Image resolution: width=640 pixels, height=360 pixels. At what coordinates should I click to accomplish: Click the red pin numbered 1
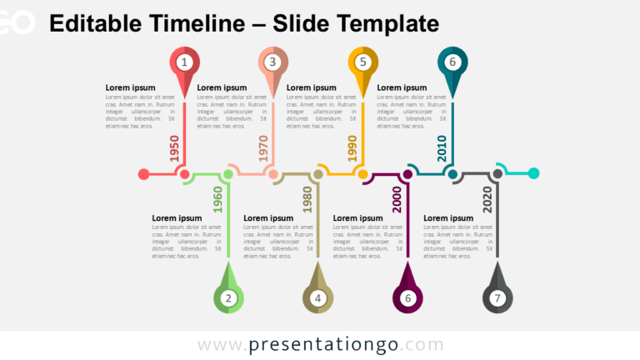pos(184,62)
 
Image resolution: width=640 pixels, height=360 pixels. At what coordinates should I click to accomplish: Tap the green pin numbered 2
pos(229,297)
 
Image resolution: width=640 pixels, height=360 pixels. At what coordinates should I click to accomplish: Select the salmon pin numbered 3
pos(272,62)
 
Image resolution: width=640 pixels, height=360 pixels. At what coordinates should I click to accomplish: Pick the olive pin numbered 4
pos(317,297)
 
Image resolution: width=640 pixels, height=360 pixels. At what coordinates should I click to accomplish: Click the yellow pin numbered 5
pos(362,62)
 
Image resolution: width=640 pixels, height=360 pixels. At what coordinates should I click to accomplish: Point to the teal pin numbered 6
pos(452,62)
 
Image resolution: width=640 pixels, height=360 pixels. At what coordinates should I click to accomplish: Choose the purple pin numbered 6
pos(407,297)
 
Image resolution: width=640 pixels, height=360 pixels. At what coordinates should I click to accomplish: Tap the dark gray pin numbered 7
pos(497,297)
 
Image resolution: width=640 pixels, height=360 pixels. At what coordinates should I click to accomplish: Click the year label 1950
pos(174,147)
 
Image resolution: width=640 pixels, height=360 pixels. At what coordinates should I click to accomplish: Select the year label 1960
pos(218,201)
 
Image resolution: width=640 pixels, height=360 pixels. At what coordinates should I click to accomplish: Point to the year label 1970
pos(262,147)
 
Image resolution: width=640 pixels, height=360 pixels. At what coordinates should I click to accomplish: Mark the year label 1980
pos(307,201)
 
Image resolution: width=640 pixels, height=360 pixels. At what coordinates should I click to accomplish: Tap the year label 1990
pos(352,147)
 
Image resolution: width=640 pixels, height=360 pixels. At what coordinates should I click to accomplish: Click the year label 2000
pos(397,201)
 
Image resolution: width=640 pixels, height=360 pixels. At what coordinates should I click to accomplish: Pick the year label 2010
pos(442,147)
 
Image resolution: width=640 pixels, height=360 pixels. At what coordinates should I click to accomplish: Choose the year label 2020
pos(487,201)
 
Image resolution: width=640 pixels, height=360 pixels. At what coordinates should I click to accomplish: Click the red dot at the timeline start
pos(143,174)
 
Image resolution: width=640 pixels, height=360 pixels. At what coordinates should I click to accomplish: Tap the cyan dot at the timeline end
pos(534,173)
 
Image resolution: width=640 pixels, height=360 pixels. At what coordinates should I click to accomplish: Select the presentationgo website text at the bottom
pos(321,345)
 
